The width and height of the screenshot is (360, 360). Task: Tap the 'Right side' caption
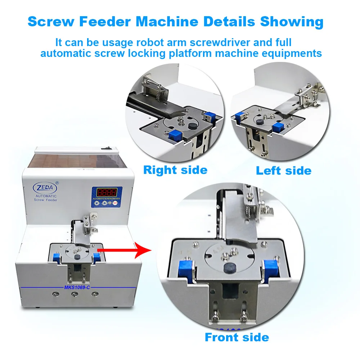[175, 170]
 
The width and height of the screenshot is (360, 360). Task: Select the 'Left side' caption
[284, 170]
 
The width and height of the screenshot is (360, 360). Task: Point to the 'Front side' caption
[237, 337]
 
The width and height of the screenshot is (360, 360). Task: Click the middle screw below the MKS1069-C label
[75, 294]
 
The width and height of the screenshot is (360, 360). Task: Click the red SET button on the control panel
[116, 203]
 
